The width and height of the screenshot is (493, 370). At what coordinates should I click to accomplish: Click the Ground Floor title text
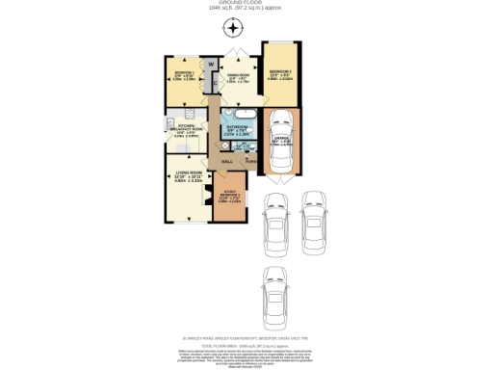[246, 4]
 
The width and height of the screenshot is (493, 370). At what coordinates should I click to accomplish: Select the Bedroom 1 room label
[184, 73]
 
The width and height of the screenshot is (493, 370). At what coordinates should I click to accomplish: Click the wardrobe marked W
[209, 66]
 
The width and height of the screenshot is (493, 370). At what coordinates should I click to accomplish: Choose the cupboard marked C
[209, 83]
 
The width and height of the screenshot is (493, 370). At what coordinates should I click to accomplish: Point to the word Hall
[227, 161]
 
